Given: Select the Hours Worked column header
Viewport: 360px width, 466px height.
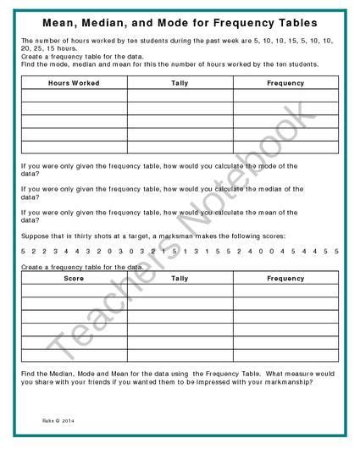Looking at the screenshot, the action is [x=75, y=83].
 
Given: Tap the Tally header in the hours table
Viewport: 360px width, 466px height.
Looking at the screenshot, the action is [x=180, y=83].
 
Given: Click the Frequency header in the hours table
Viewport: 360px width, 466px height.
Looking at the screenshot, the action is [x=285, y=83].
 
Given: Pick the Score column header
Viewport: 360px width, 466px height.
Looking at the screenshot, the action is [x=75, y=278].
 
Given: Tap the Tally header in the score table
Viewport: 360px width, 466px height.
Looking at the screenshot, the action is [x=180, y=278].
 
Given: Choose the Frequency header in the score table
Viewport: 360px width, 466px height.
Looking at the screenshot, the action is [x=285, y=278].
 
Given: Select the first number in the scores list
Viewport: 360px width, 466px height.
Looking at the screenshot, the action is [x=24, y=252].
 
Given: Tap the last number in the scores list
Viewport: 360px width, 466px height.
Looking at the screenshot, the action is [x=336, y=252].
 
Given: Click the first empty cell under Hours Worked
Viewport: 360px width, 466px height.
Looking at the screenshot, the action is [x=75, y=96].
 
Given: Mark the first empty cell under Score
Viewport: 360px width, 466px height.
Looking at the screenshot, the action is [x=75, y=291].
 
